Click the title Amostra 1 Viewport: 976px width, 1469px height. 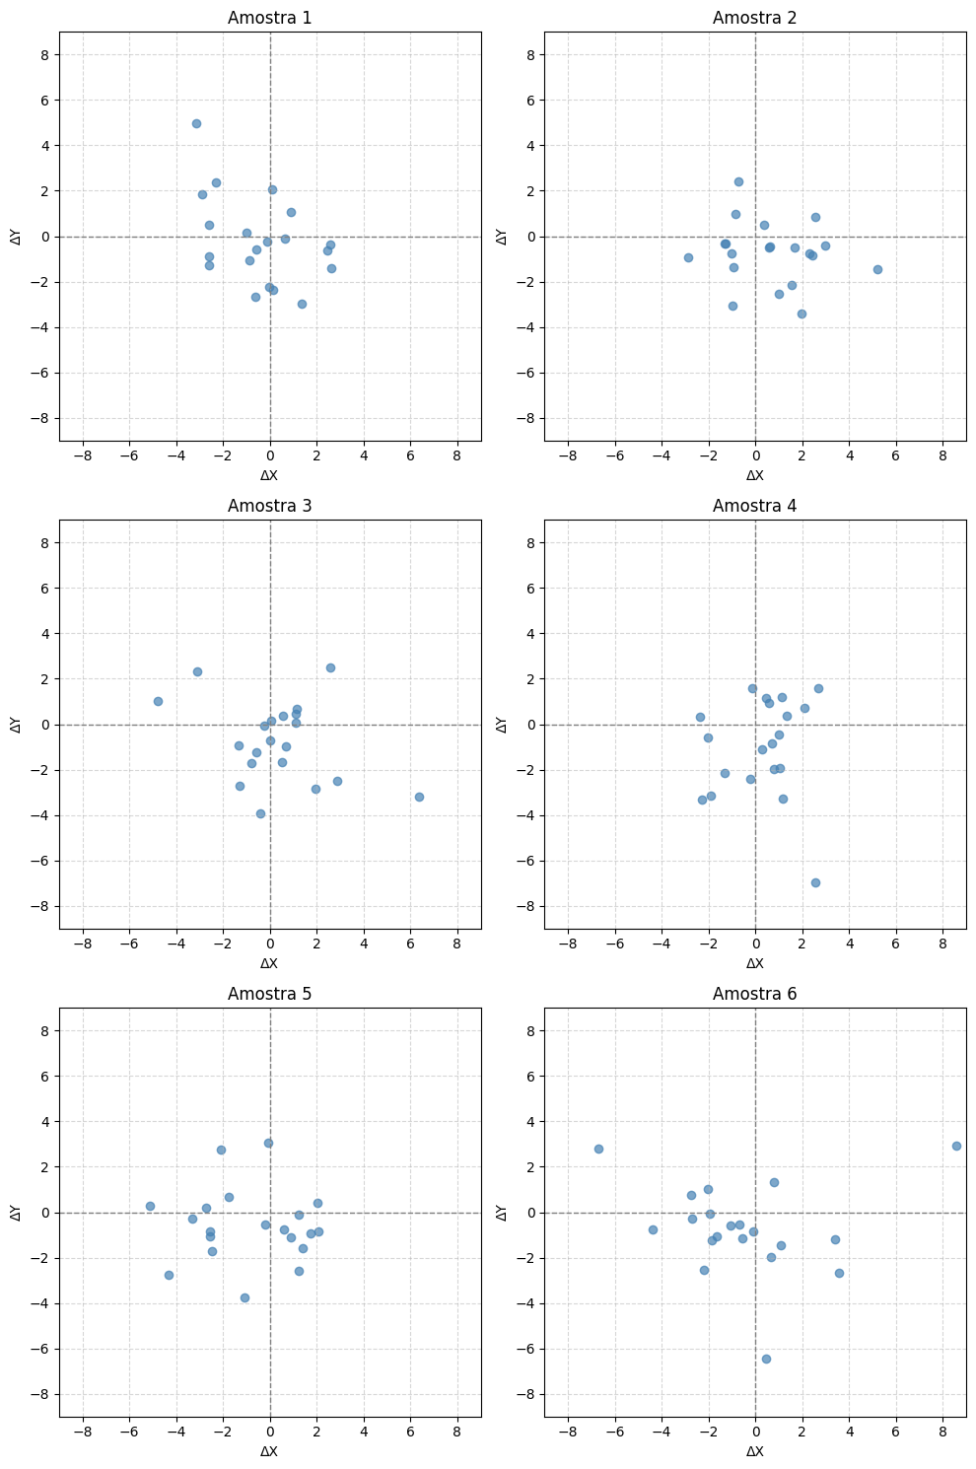click(x=269, y=18)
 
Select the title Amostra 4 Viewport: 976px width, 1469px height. click(x=754, y=506)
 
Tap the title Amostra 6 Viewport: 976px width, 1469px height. click(x=754, y=994)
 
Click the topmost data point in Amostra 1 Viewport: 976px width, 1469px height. click(x=196, y=123)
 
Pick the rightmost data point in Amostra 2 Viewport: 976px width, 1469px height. click(x=877, y=269)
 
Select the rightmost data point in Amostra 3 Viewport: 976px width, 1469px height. click(x=419, y=797)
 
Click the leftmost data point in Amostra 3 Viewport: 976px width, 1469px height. click(x=158, y=701)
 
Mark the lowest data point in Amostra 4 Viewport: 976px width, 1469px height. click(x=815, y=882)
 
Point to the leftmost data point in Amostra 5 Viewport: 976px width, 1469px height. click(x=150, y=1206)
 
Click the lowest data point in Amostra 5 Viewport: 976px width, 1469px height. click(x=244, y=1297)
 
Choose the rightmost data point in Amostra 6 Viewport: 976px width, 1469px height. click(x=956, y=1146)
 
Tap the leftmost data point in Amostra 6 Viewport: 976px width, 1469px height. click(x=598, y=1149)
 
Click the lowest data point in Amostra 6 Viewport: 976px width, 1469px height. click(x=766, y=1359)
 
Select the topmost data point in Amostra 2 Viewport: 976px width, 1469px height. click(x=738, y=181)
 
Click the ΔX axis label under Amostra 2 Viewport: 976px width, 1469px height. click(x=754, y=475)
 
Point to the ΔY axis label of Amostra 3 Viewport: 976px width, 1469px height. click(x=16, y=725)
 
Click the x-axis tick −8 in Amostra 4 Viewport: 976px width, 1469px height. click(x=568, y=944)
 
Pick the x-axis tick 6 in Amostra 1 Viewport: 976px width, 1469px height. click(x=410, y=456)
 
